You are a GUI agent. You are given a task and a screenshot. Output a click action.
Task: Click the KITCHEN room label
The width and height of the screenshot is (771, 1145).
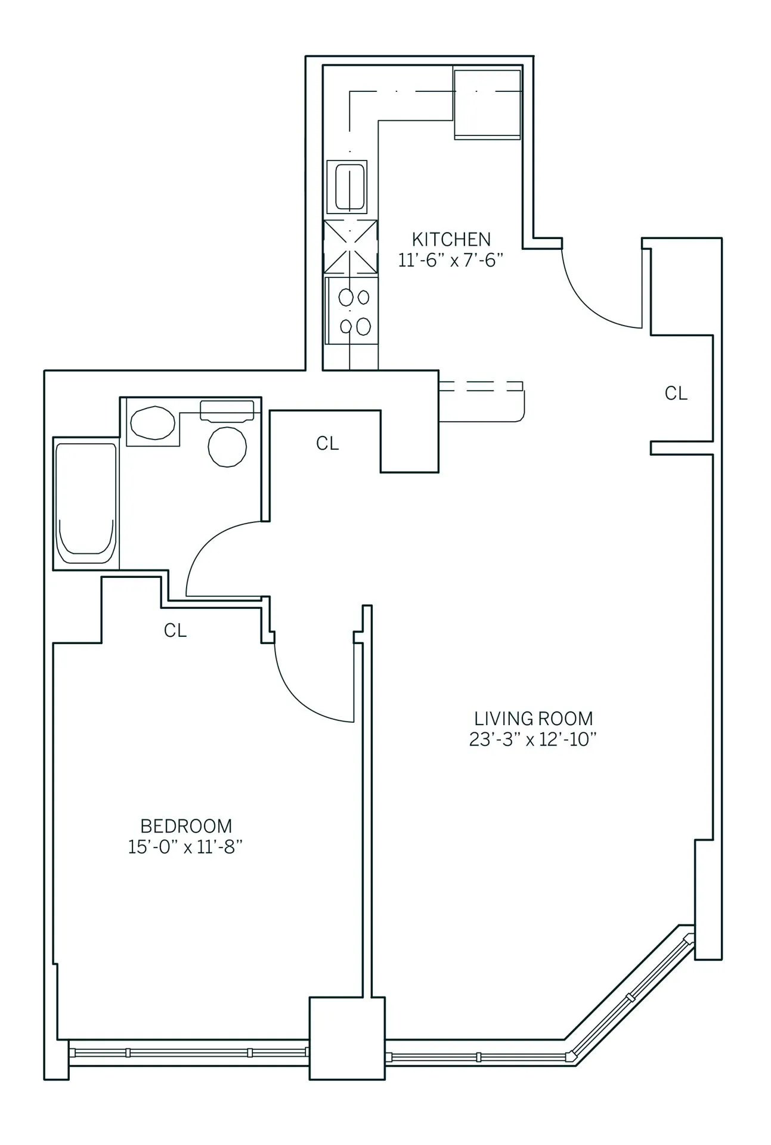451,240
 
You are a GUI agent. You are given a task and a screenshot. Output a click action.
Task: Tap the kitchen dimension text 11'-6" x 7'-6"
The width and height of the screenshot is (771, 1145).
451,261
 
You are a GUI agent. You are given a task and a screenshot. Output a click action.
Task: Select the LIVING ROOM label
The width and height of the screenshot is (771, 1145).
533,718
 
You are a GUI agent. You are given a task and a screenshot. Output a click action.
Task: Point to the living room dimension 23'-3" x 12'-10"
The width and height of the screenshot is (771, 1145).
533,739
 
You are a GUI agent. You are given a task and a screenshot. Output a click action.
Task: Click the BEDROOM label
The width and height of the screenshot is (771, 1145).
186,826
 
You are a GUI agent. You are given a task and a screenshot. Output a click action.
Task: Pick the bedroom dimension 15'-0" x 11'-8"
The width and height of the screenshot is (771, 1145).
186,847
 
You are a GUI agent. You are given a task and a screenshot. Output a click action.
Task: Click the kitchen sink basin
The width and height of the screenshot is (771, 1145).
350,186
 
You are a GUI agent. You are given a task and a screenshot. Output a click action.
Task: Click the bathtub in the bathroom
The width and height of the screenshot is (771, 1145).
85,505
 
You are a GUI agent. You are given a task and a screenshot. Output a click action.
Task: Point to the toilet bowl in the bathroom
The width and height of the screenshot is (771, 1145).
227,446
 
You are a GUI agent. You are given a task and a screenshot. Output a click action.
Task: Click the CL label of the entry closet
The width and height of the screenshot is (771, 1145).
676,393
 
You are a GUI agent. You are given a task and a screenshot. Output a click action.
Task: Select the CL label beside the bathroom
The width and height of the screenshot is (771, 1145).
327,443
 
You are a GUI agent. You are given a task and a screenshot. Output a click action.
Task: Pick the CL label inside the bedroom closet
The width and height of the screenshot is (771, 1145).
175,630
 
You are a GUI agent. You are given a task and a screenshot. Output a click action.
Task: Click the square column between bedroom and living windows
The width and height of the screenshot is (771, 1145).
346,1047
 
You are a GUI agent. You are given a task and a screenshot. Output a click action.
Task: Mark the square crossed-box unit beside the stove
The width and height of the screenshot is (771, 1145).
351,246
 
